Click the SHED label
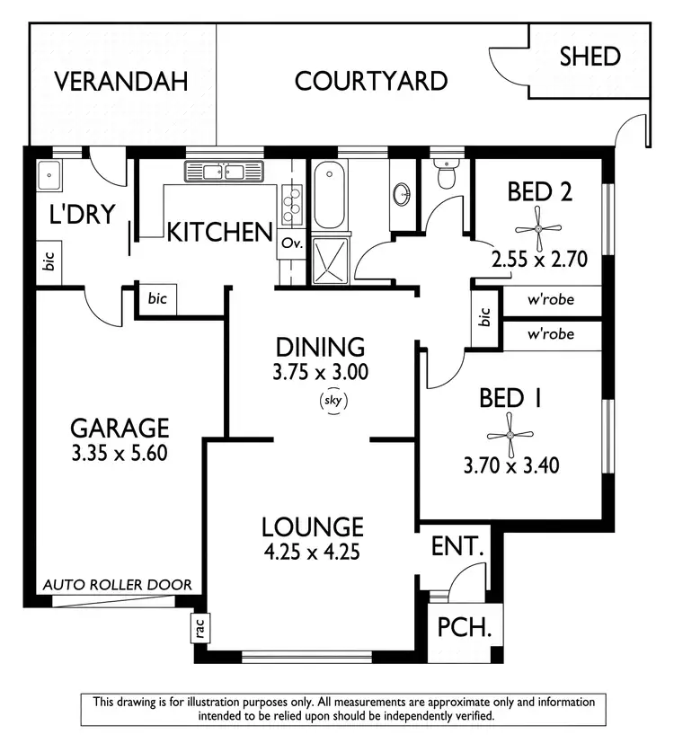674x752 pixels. [590, 57]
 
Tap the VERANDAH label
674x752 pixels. [121, 82]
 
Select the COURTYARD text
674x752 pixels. [371, 82]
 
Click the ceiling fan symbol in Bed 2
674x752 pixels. [538, 228]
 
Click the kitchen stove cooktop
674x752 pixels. [290, 207]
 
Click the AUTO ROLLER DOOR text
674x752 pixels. [118, 585]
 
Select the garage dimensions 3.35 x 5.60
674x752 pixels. [120, 453]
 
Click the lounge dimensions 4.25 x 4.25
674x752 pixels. [312, 553]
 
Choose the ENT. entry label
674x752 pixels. [458, 545]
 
